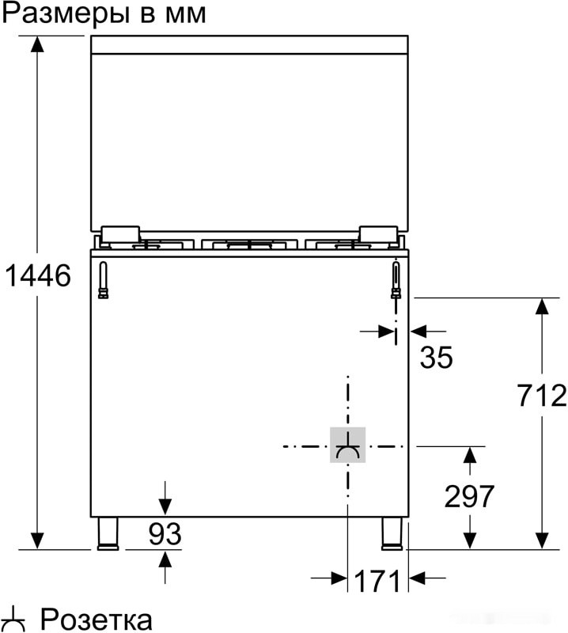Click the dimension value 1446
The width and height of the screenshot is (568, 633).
tap(37, 275)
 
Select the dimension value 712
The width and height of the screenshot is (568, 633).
tap(542, 394)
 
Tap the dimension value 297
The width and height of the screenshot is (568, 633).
tap(469, 496)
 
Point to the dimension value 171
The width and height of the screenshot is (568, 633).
tap(377, 582)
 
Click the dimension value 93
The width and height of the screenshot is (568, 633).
tap(165, 535)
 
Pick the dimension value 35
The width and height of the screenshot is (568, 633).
tap(436, 358)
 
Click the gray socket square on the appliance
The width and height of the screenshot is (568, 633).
tap(347, 445)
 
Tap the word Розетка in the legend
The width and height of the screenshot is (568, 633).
tap(96, 619)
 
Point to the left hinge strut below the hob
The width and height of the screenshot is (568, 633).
tap(102, 281)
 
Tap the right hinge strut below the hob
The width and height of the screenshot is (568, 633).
tap(396, 281)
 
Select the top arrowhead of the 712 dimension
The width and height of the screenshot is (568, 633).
tap(542, 307)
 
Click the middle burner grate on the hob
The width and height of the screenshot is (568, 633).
tap(250, 246)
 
